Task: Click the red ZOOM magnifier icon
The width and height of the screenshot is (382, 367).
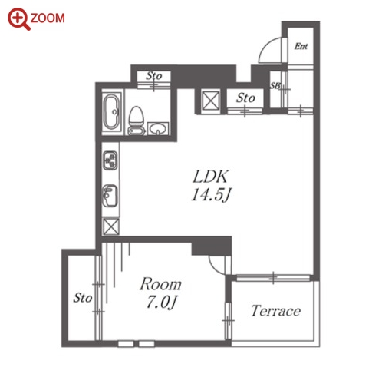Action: pyautogui.click(x=18, y=18)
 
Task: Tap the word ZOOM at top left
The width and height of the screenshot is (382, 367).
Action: pyautogui.click(x=48, y=18)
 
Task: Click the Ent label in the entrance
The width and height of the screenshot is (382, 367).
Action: pyautogui.click(x=301, y=46)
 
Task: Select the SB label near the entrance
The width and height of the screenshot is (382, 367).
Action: pyautogui.click(x=275, y=86)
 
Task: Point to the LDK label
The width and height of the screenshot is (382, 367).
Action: pyautogui.click(x=210, y=177)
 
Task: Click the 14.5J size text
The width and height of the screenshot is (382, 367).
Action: pyautogui.click(x=211, y=195)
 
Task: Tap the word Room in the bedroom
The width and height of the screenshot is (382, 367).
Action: pyautogui.click(x=160, y=284)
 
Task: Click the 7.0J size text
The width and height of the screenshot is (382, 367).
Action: pyautogui.click(x=161, y=303)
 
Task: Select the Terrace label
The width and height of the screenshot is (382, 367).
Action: pyautogui.click(x=275, y=311)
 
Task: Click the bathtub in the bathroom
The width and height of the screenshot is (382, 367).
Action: pyautogui.click(x=112, y=111)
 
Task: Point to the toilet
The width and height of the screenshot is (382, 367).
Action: pyautogui.click(x=136, y=121)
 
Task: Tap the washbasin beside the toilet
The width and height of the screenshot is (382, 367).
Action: pyautogui.click(x=158, y=128)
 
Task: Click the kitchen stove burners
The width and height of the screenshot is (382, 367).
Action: pyautogui.click(x=110, y=160)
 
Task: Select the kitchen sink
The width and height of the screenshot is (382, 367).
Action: pyautogui.click(x=110, y=196)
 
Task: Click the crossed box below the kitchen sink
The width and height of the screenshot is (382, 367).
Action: pyautogui.click(x=110, y=226)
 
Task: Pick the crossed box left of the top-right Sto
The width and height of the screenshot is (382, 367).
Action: pyautogui.click(x=210, y=101)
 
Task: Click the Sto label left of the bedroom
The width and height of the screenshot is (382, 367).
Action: pyautogui.click(x=83, y=298)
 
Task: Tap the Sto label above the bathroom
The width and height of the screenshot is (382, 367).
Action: pyautogui.click(x=154, y=76)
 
